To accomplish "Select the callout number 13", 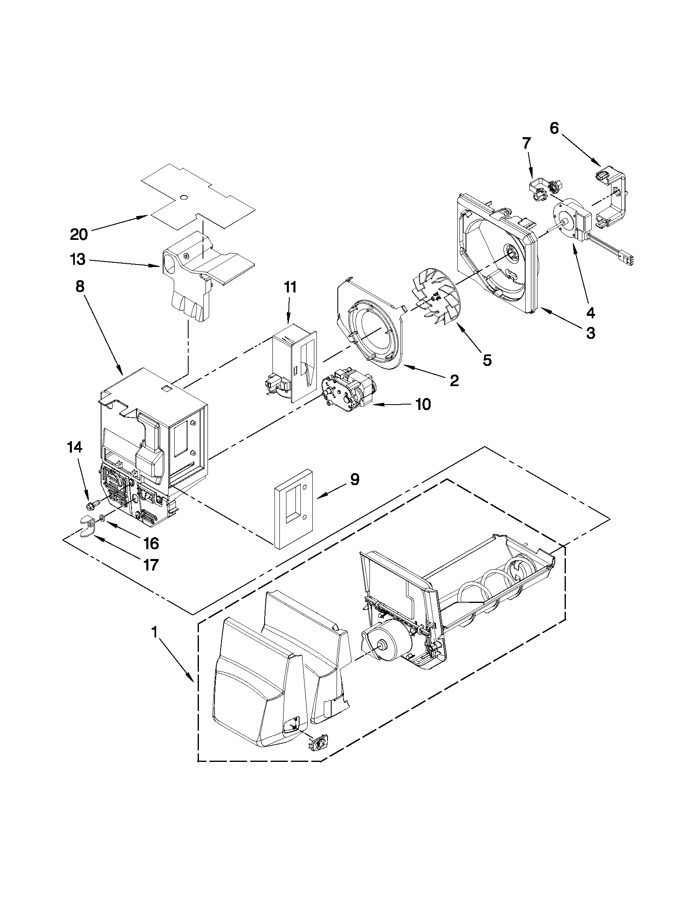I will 77,260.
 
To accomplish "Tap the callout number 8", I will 79,286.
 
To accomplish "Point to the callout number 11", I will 290,287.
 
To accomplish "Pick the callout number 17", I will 150,565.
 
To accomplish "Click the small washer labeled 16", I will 102,518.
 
